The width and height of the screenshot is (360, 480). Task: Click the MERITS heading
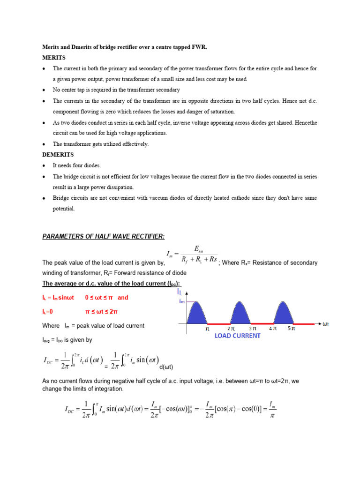(x=52, y=58)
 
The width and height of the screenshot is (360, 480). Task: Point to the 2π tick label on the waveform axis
(x=231, y=329)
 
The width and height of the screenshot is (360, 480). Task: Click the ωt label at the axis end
(x=326, y=323)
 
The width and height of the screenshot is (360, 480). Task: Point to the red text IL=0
(x=48, y=311)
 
